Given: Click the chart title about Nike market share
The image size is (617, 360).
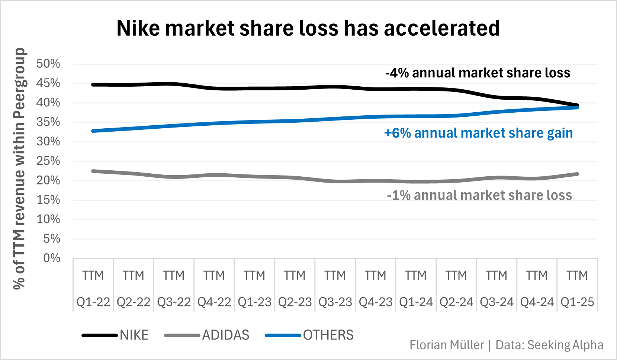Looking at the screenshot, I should click(308, 28).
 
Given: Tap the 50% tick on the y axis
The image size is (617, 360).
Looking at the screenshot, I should click(48, 64).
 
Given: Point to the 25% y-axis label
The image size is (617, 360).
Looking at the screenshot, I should click(48, 161).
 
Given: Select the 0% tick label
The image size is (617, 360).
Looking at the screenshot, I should click(51, 258).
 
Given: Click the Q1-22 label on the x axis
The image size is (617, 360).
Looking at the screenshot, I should click(93, 302).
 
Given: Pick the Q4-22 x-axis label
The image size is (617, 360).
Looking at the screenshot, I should click(214, 302).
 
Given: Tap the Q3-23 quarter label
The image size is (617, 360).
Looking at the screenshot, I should click(335, 302).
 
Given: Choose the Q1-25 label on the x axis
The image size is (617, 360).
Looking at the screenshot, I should click(577, 302).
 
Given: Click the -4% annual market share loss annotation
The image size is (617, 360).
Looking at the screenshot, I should click(478, 73).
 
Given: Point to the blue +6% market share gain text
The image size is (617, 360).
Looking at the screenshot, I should click(478, 133).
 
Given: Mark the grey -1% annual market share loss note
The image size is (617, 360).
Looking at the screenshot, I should click(479, 195).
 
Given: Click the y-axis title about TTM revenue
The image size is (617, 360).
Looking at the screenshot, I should click(19, 168).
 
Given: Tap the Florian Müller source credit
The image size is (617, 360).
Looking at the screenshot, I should click(506, 345).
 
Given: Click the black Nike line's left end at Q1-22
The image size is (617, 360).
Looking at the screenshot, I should click(93, 85).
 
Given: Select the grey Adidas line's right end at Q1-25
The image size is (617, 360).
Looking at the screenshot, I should click(577, 174).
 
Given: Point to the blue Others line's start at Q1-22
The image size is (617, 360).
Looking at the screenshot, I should click(93, 131).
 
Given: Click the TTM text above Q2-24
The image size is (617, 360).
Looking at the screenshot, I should click(456, 276).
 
